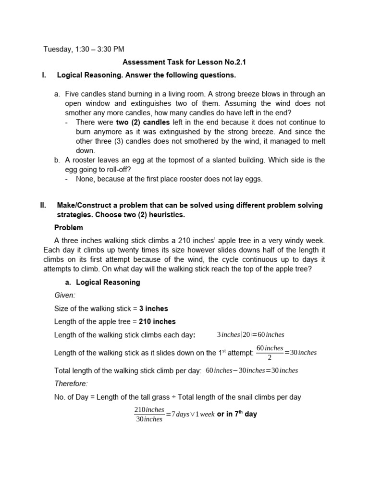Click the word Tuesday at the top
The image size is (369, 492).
(57, 49)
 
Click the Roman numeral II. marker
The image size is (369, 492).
(43, 205)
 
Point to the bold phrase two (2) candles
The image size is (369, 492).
(143, 123)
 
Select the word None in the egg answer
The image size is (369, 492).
(85, 179)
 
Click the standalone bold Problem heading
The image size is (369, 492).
(68, 228)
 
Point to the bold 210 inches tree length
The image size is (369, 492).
(157, 321)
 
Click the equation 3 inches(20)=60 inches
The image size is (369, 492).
(250, 334)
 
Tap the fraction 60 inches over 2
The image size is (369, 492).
(269, 352)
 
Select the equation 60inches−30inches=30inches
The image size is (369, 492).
(252, 370)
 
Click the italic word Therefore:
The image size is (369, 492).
(71, 383)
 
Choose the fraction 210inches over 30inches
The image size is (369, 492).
(149, 414)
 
